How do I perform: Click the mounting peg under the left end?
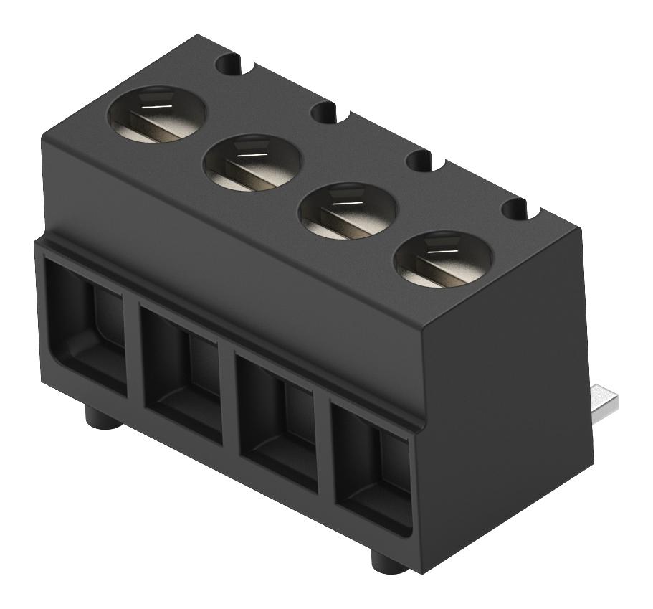click(x=101, y=417)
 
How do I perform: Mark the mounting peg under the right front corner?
click(x=389, y=560)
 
